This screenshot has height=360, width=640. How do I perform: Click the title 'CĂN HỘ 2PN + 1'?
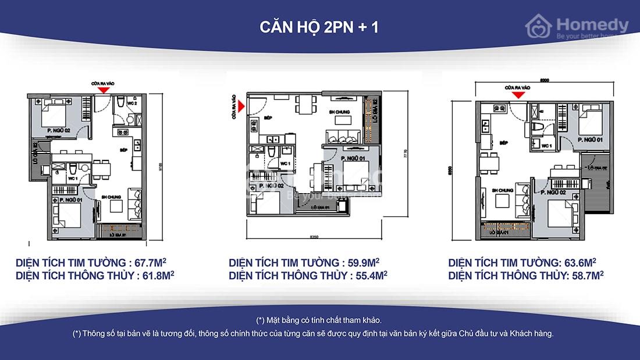pos(319,27)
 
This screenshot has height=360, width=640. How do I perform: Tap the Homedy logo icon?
pos(539,26)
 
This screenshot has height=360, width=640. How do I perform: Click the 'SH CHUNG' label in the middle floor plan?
pos(339,112)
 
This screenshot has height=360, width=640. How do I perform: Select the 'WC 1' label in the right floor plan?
pos(546,145)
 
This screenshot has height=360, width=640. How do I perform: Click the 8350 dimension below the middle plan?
pos(315,237)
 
